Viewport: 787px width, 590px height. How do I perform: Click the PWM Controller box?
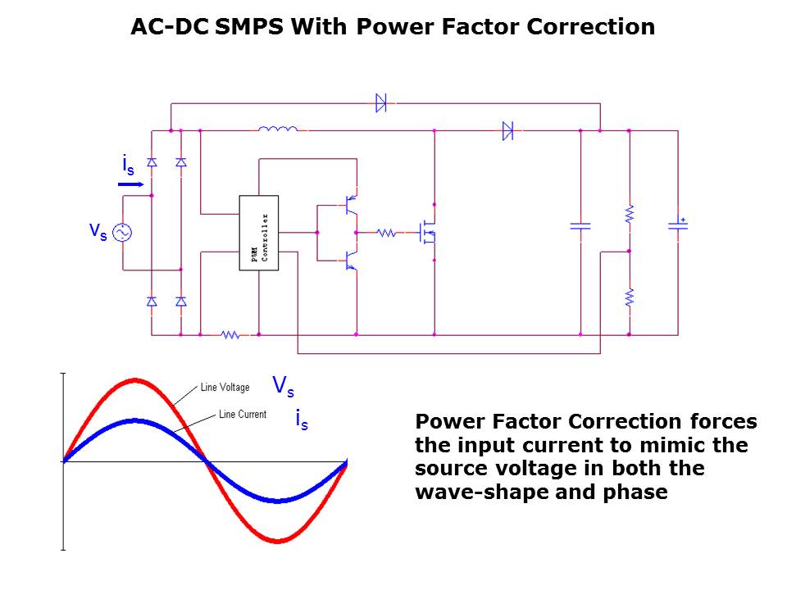(258, 233)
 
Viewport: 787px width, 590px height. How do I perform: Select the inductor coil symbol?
(277, 129)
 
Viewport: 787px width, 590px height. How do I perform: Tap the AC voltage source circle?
(121, 233)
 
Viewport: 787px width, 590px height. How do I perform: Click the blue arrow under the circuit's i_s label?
(130, 184)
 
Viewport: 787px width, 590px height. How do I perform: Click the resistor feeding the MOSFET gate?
(387, 234)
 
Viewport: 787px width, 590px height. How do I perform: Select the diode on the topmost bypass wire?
(381, 103)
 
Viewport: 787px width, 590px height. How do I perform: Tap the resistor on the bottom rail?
(230, 334)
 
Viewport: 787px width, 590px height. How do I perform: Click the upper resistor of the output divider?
(629, 214)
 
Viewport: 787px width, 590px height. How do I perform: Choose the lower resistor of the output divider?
(629, 297)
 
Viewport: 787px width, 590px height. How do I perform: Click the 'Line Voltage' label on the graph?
(225, 388)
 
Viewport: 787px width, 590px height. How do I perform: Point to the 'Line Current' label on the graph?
(242, 415)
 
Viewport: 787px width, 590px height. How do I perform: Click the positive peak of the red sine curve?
(135, 380)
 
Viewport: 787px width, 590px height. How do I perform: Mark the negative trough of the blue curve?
(278, 501)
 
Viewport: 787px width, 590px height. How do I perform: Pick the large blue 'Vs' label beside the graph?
(284, 386)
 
